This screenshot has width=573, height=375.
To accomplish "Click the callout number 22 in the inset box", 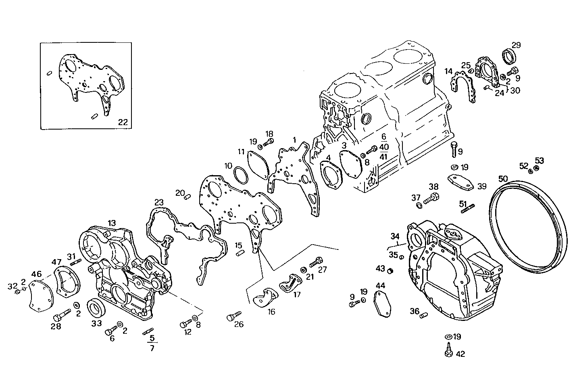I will pyautogui.click(x=123, y=122).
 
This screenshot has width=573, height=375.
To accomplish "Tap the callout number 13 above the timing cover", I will pyautogui.click(x=112, y=223).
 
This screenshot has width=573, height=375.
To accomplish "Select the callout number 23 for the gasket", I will pyautogui.click(x=159, y=201).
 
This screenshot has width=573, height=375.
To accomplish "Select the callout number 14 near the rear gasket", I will pyautogui.click(x=449, y=71).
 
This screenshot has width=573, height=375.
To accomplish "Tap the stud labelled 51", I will pyautogui.click(x=467, y=210).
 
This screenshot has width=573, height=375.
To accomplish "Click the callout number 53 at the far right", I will pyautogui.click(x=539, y=160).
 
